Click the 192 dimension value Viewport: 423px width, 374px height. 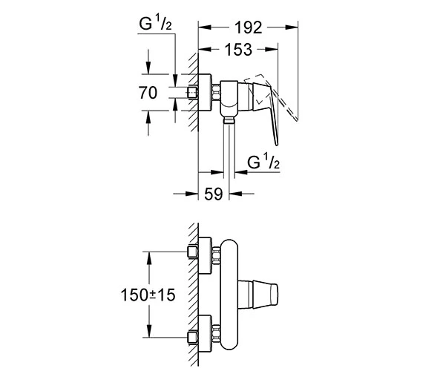pos(248,27)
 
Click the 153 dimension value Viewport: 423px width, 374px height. pos(238,50)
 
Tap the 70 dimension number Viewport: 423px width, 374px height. pos(148,93)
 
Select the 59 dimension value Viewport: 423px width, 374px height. pos(214,194)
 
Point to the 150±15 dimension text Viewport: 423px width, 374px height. pos(148,295)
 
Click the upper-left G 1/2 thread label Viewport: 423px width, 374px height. pos(155,23)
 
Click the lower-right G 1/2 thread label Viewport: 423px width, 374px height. pos(263,162)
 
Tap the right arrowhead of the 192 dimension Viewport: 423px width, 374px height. pos(292,27)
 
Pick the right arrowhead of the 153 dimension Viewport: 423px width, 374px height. pos(272,49)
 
